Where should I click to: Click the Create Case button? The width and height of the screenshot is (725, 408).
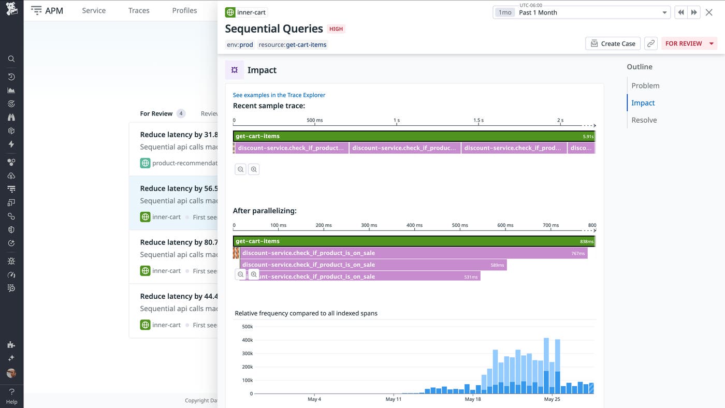613,43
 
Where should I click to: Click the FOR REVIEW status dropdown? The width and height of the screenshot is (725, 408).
689,43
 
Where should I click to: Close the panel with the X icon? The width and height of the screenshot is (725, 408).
709,12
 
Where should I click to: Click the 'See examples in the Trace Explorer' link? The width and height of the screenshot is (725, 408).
279,95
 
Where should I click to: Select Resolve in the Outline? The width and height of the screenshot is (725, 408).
644,120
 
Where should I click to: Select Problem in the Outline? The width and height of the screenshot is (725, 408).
645,85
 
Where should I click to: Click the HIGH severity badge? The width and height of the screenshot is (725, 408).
336,29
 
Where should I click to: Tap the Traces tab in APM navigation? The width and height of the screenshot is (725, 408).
139,10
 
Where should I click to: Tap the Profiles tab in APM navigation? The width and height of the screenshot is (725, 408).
184,10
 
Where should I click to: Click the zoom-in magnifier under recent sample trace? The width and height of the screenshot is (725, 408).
253,169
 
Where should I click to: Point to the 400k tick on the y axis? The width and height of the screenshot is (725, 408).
247,340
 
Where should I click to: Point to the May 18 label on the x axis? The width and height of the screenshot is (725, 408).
472,399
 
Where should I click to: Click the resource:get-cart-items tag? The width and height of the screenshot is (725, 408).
293,45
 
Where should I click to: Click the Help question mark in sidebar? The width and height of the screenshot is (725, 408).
11,392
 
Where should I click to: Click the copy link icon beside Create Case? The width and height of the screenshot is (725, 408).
651,43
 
